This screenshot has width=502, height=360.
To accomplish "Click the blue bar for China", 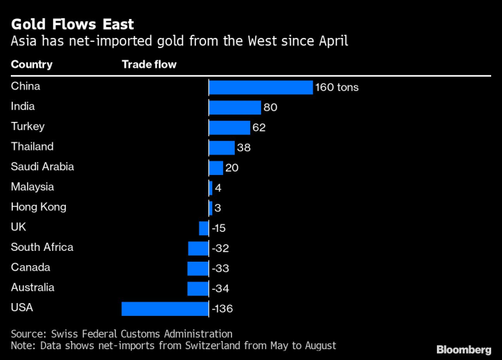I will (260, 87).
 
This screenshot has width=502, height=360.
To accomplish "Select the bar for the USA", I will (165, 309).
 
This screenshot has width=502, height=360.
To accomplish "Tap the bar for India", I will (235, 108).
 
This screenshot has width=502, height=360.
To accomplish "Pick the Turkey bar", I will (229, 127).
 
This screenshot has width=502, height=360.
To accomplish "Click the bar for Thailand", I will (221, 148).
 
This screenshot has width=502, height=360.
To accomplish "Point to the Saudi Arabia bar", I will (216, 168).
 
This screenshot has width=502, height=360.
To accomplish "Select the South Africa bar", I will (198, 248).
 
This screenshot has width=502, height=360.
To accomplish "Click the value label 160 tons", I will (337, 87).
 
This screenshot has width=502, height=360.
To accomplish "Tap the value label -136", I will (222, 309).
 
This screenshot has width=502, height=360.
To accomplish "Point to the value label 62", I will (258, 127).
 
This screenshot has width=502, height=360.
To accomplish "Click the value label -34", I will (220, 289).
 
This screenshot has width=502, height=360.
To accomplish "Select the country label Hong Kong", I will (39, 207).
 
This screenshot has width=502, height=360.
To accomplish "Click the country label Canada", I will (31, 267).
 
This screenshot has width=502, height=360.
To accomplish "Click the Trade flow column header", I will (149, 65).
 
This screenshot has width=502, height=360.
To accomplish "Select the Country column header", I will (31, 65).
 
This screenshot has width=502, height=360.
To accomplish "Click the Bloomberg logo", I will (463, 350).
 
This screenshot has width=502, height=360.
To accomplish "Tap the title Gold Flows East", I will (72, 24).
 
